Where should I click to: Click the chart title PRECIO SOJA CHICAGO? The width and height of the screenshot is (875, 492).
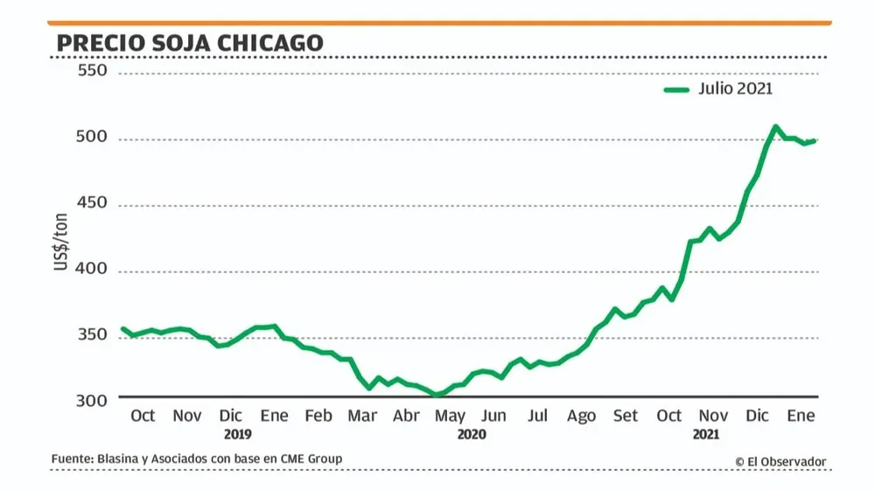click(x=189, y=42)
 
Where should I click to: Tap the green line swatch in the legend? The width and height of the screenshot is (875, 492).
click(x=679, y=89)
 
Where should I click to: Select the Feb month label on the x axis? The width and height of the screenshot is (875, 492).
click(x=318, y=416)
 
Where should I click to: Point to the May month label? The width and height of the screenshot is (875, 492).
click(x=450, y=416)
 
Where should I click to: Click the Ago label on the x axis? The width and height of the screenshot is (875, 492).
click(x=581, y=416)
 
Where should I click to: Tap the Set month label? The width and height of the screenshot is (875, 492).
click(x=626, y=416)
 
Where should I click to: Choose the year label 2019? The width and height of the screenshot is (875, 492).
click(x=237, y=433)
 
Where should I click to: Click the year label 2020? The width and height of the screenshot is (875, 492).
click(x=471, y=433)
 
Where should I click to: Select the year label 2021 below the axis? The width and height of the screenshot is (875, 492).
click(x=706, y=433)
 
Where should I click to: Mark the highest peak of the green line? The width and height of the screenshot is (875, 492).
click(x=775, y=127)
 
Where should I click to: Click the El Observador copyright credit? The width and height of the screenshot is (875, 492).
click(x=780, y=461)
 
